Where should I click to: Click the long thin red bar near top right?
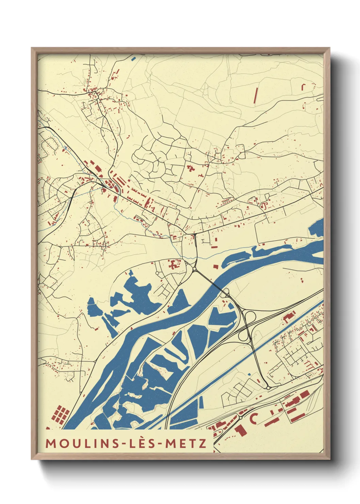256,95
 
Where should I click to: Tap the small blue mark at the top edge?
133,58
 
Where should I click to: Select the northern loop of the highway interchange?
250,317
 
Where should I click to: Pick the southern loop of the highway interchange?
243,336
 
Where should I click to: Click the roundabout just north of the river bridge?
194,270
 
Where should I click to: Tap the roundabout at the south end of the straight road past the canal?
268,388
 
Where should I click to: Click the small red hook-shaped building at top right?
303,86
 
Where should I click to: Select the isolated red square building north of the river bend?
215,267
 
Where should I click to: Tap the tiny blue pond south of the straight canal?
249,374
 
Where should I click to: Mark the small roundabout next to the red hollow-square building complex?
158,273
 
